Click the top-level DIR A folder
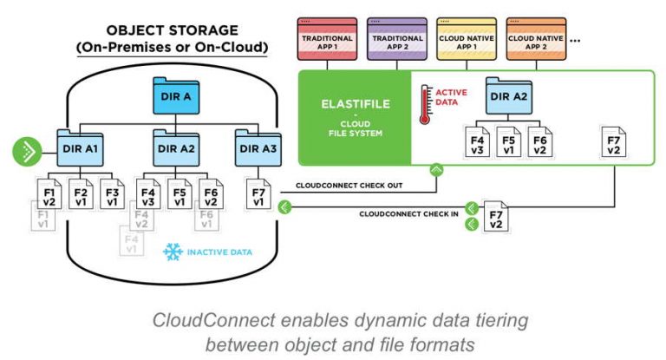click(x=177, y=95)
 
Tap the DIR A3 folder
click(x=258, y=147)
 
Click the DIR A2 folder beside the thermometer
click(x=512, y=96)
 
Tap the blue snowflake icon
click(x=173, y=251)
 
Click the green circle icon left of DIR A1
click(x=28, y=151)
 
